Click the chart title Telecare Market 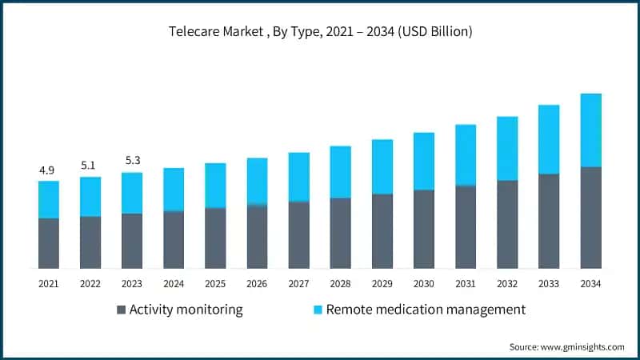320,32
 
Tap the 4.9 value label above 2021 48,170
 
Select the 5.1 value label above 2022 90,166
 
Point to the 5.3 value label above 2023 132,161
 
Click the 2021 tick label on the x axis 48,283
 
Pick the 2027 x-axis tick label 298,283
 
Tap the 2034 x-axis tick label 590,283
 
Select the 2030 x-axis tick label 424,283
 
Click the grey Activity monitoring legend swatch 121,310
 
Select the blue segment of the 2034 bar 590,130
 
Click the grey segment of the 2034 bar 590,218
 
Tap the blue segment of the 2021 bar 48,199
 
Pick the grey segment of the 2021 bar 48,243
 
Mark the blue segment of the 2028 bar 340,172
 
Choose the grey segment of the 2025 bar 215,238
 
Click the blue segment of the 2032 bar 507,149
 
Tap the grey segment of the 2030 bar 424,229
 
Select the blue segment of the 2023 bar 132,193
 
